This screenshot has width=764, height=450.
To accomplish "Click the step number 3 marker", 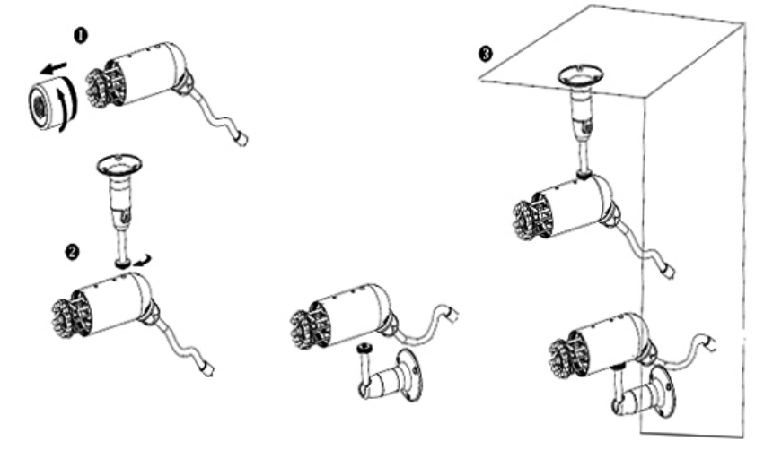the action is tap(486, 53).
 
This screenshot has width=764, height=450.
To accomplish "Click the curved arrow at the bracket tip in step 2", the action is tap(141, 261).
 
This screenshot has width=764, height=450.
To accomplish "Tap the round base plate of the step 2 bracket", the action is tap(119, 164).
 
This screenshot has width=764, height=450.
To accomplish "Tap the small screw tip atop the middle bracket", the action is tap(364, 347).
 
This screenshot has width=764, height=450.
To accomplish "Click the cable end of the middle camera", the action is tap(452, 315).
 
